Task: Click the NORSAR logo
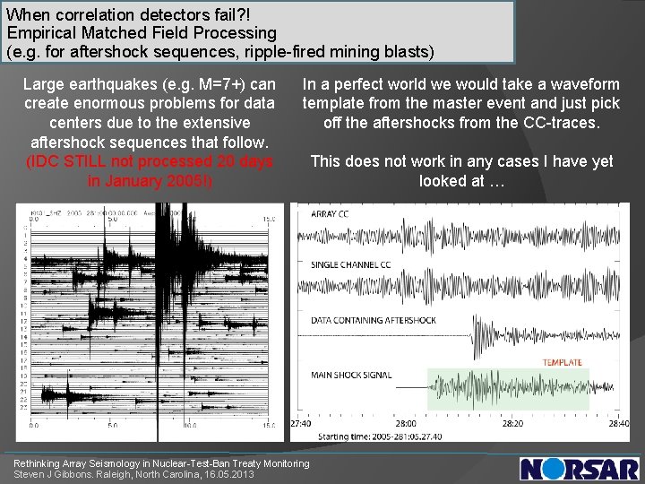coord(580,469)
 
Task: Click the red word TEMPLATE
coord(562,363)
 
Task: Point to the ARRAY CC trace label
coord(331,214)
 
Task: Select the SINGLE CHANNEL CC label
coord(351,265)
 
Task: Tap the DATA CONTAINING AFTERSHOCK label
coord(373,320)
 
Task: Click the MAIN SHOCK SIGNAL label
coord(350,375)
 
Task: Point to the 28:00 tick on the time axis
coord(407,423)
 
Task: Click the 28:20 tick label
coord(512,423)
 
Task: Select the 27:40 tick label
coord(301,423)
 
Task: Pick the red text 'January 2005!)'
coord(150,180)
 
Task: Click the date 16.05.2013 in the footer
coord(230,474)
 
